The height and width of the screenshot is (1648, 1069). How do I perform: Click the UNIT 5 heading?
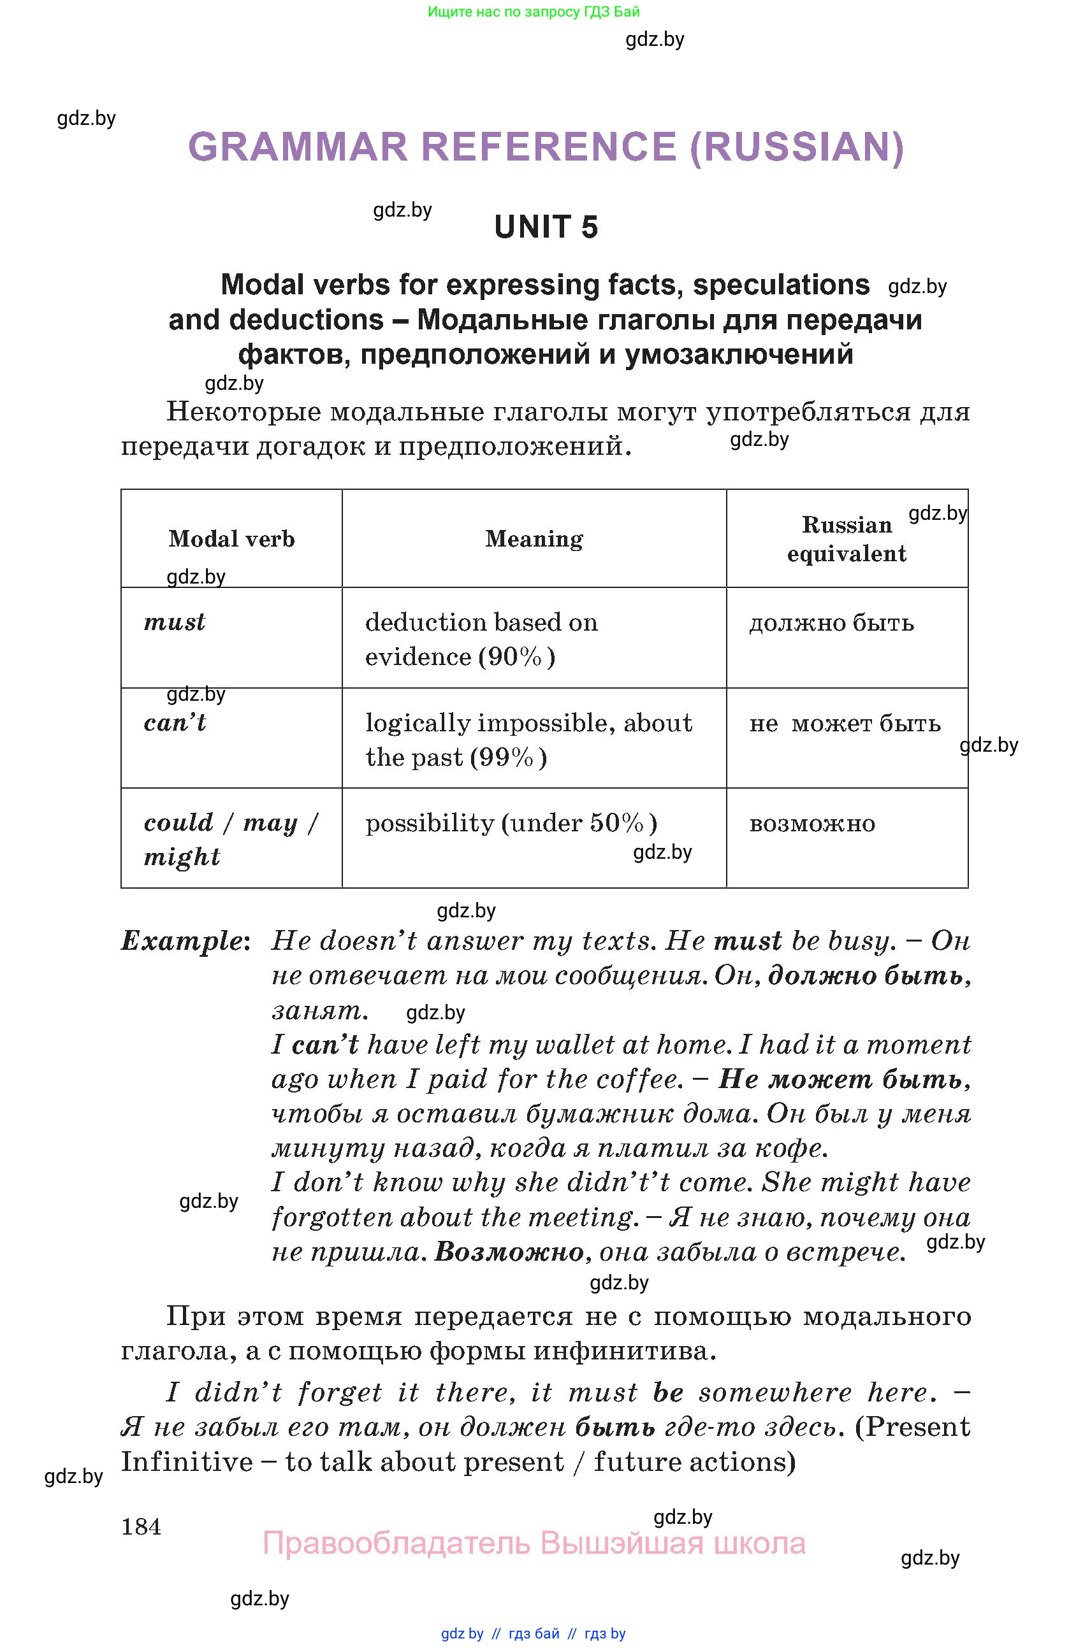tap(545, 227)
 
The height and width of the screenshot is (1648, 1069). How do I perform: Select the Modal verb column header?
tap(231, 539)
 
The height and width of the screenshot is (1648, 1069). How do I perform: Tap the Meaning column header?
tap(534, 539)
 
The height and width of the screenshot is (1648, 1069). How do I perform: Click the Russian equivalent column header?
tap(846, 539)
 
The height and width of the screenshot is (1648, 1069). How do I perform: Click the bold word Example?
tap(180, 940)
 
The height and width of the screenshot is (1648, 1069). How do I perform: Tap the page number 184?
tap(141, 1526)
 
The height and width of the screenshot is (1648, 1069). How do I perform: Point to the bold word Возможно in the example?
tap(509, 1252)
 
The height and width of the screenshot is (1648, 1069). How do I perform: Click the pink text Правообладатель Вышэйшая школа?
tap(534, 1544)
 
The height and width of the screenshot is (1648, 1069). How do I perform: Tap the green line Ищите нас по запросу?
tap(534, 11)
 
